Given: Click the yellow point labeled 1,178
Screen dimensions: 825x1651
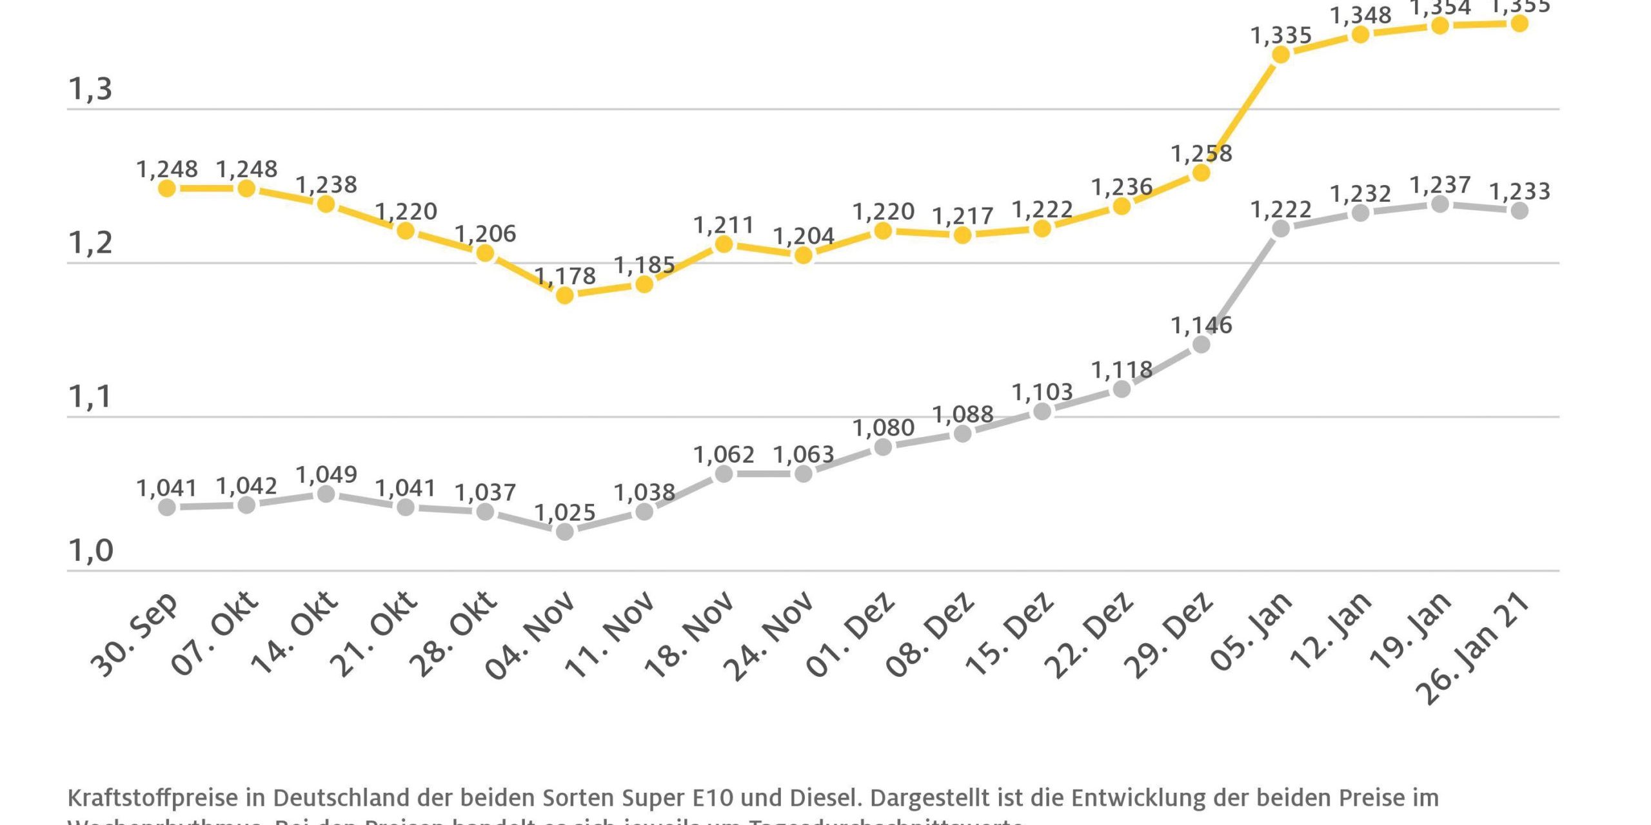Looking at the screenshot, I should point(564,295).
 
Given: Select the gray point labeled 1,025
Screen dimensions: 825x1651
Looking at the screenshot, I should point(564,532).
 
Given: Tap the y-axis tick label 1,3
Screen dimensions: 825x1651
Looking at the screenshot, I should point(90,90).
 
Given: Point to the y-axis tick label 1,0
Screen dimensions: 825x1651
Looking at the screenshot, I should point(90,551).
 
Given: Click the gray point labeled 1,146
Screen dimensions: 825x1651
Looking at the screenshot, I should point(1201,345).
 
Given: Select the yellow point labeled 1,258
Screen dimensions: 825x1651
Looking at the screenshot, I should point(1201,173).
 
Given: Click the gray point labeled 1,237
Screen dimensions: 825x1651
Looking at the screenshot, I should point(1439,204).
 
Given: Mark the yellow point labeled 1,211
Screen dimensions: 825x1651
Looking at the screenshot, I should point(724,244).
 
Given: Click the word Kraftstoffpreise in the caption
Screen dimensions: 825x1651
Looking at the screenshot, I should point(153,798).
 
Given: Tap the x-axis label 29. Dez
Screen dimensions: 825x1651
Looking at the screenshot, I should point(1169,635).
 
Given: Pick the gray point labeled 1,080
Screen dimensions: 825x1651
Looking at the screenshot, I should point(883,447).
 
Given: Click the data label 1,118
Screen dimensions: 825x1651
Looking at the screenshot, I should point(1122,370).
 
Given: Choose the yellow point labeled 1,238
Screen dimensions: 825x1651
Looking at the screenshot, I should point(326,204).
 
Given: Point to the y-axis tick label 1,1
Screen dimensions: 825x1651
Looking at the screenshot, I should point(90,397).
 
